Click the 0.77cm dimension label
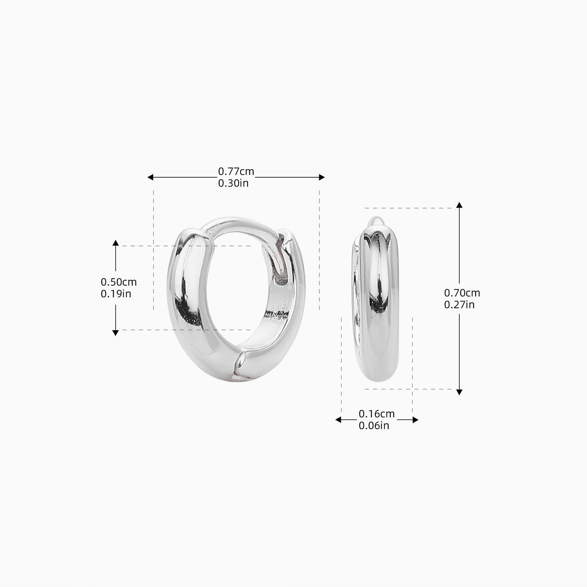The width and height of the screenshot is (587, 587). (236, 171)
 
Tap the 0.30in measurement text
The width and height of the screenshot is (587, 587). (233, 183)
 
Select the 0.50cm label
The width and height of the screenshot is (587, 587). (119, 282)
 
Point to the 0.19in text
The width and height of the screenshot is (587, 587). (116, 293)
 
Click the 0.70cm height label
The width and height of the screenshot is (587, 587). (462, 293)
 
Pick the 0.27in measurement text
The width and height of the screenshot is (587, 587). (459, 304)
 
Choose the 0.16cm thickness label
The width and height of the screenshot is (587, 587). (376, 414)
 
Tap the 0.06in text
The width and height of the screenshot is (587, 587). (374, 425)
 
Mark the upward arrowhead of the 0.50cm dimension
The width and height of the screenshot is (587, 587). (115, 243)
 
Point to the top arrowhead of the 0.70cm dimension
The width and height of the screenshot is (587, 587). (459, 205)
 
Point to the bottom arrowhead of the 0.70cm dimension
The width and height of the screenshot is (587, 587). (459, 392)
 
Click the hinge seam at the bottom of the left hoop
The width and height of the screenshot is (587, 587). (238, 364)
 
